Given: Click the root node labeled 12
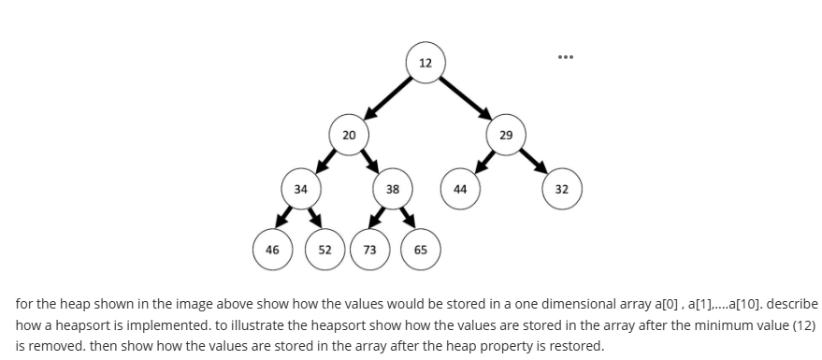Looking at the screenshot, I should (x=425, y=63).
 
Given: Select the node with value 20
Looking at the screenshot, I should (x=348, y=135).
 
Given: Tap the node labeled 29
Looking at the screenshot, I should (x=506, y=135).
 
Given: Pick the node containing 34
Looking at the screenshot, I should (x=300, y=189).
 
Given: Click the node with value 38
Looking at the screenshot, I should (x=393, y=189).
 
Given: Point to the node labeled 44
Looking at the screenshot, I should (x=460, y=189).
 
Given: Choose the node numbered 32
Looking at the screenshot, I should (x=562, y=189).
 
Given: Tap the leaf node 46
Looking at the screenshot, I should (x=272, y=250).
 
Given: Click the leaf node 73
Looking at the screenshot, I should (x=370, y=250).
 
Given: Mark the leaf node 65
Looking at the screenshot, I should (x=421, y=250).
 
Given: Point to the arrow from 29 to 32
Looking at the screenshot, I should (x=535, y=162).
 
